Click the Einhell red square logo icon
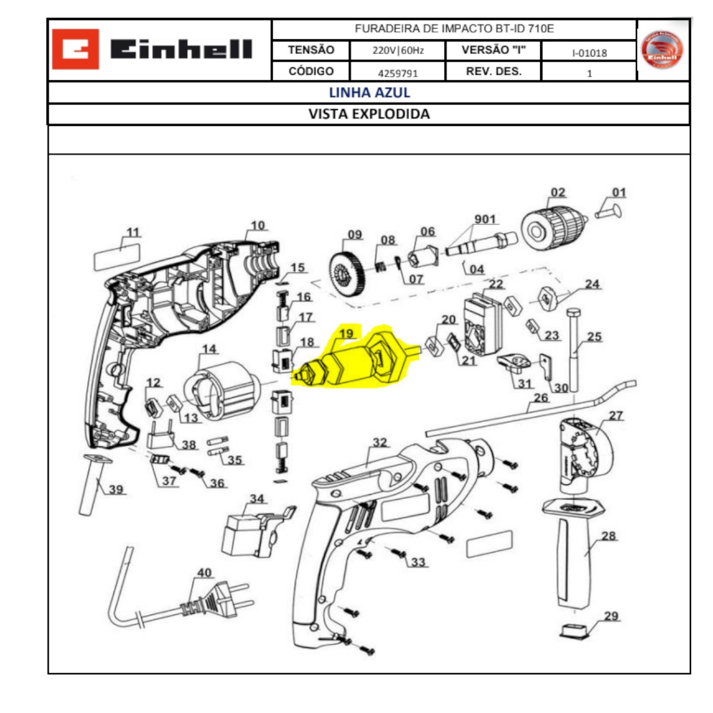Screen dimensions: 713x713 75,49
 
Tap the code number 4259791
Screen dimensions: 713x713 397,73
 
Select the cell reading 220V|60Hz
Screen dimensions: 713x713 397,51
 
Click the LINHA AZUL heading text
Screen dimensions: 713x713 369,92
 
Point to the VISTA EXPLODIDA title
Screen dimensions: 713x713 369,114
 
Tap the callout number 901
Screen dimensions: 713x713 485,219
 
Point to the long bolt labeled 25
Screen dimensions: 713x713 574,351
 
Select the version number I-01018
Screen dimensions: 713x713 589,53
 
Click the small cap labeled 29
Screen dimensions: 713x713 575,630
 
